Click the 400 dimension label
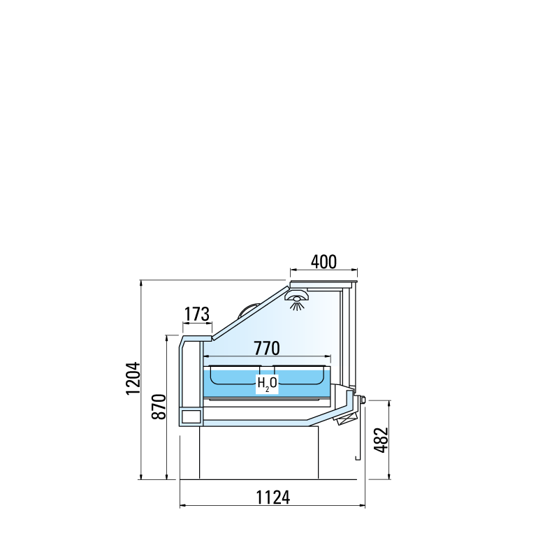pos(324,262)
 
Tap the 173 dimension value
pos(197,314)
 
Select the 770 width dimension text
pos(267,348)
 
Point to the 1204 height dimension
pos(133,378)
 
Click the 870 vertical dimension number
pos(159,407)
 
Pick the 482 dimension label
pos(381,440)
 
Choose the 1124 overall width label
pos(272,497)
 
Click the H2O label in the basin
pos(267,384)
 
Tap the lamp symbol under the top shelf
pos(296,300)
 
